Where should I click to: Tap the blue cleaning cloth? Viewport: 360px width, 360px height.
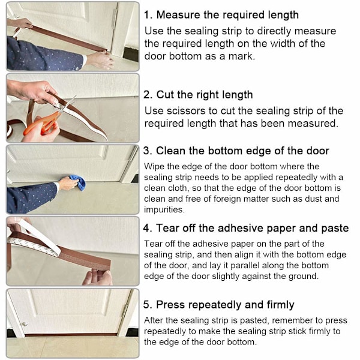click(x=78, y=182)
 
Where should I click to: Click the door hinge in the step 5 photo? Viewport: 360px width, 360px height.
click(x=125, y=310)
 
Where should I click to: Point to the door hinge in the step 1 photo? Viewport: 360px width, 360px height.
click(x=115, y=19)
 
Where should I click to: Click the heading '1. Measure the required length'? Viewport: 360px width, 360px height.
click(x=221, y=15)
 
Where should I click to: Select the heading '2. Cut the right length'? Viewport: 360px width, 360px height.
click(x=198, y=95)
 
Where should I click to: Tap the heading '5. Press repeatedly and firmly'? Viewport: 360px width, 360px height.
click(x=218, y=305)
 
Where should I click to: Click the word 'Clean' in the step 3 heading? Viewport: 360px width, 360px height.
click(x=171, y=151)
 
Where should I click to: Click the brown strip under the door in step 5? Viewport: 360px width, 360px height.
click(x=71, y=335)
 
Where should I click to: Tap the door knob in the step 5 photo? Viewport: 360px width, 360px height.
click(x=25, y=324)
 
